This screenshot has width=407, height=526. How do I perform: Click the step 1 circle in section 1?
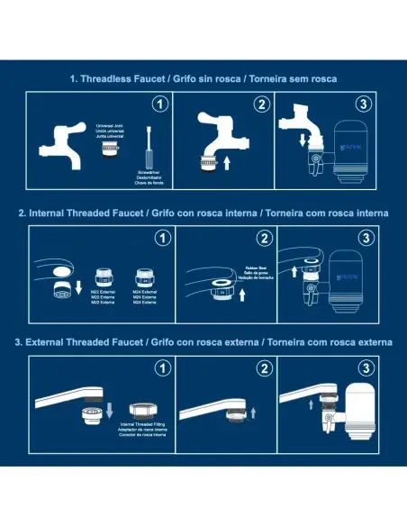coord(159,104)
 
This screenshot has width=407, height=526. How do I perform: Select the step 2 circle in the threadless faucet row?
coord(261,104)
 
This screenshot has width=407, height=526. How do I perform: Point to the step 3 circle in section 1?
coord(363,104)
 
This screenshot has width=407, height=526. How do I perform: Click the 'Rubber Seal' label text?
coord(257,268)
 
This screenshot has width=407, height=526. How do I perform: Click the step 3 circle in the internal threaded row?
coord(363,239)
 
